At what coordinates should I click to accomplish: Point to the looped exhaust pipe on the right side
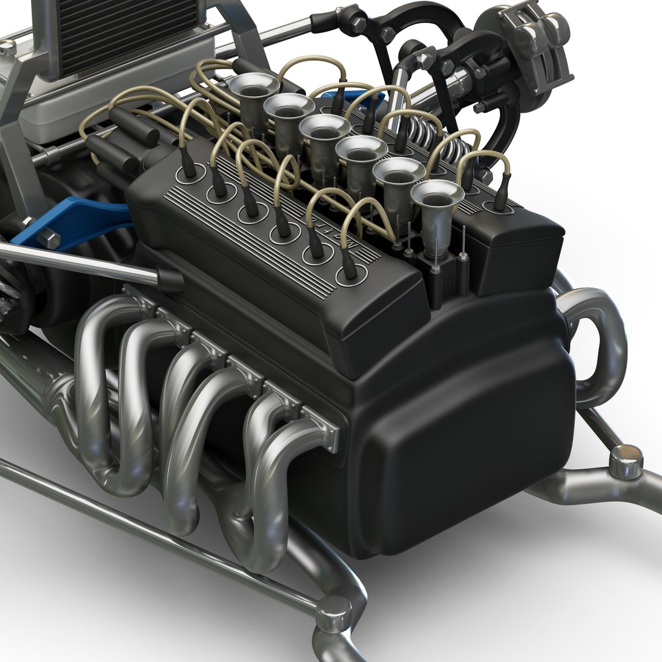pyautogui.click(x=598, y=343)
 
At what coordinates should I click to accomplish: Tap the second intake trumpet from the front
pyautogui.click(x=398, y=175)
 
